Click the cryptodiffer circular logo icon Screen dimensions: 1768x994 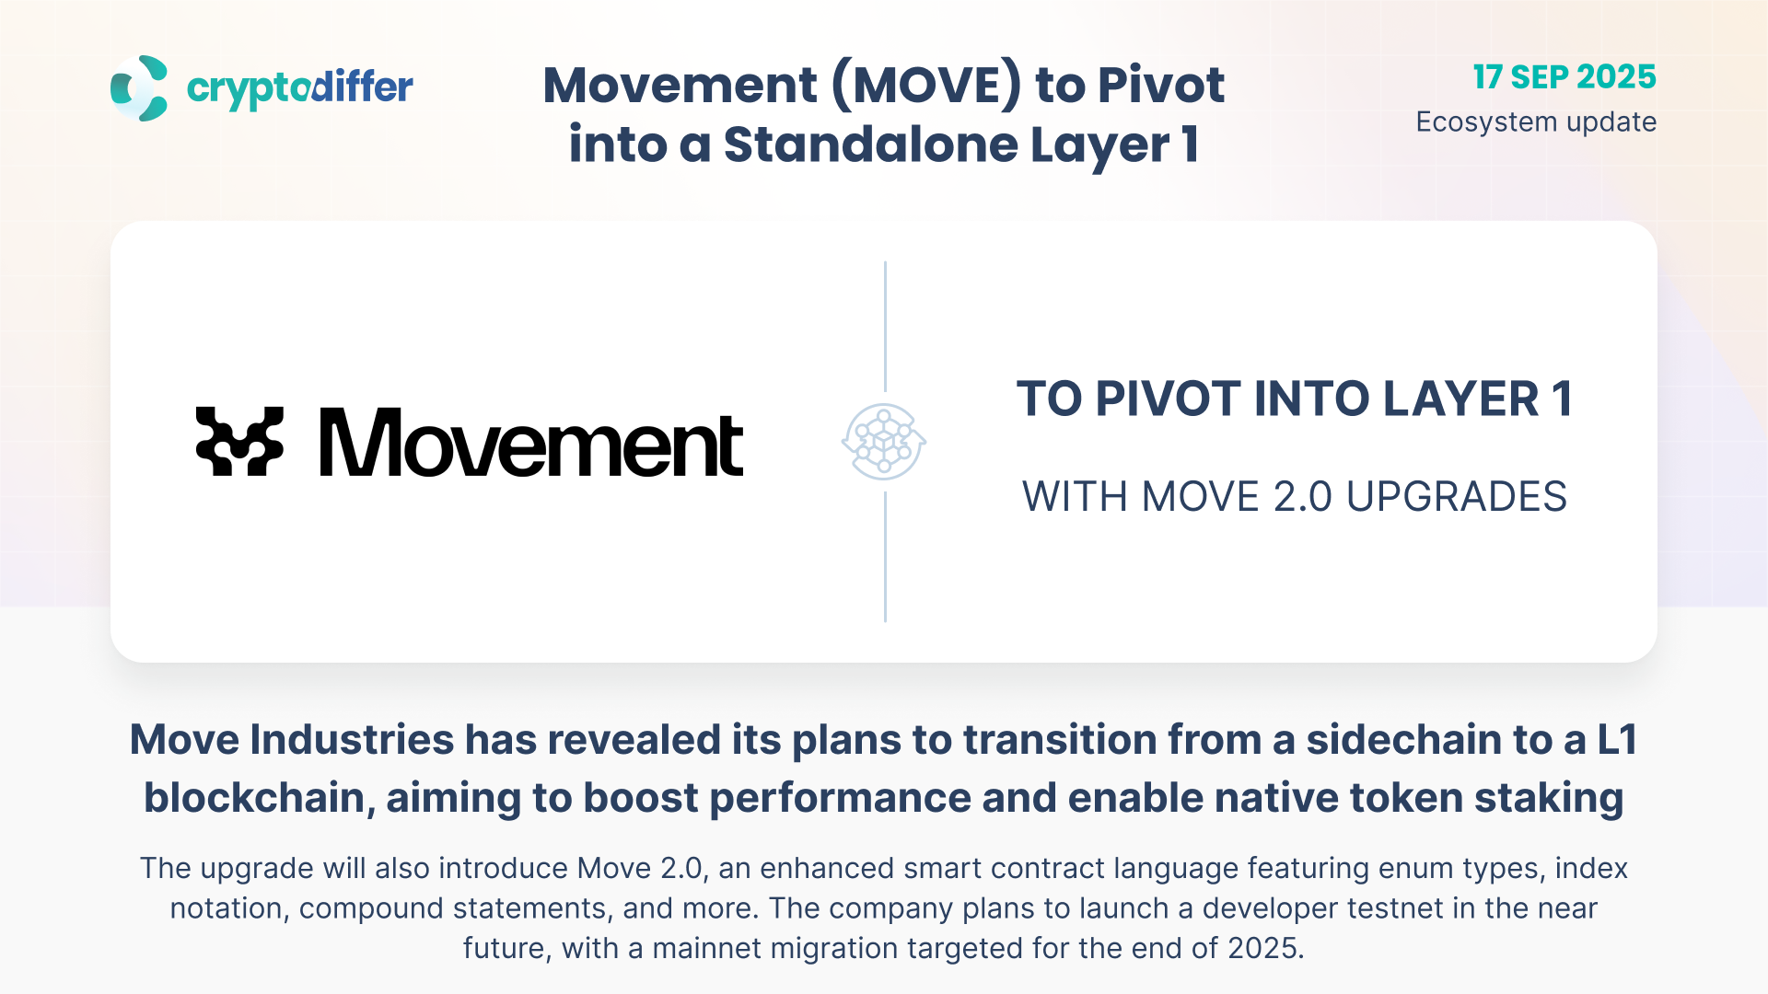point(139,88)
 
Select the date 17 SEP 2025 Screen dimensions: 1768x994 point(1564,76)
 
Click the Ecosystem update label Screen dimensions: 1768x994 point(1536,121)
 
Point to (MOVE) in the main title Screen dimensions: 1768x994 point(926,85)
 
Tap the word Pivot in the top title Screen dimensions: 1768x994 point(1161,85)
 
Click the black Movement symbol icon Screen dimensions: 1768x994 point(239,442)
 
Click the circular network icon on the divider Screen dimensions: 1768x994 point(884,442)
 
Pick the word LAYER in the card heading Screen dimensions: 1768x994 point(1460,399)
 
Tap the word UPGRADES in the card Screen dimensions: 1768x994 point(1457,497)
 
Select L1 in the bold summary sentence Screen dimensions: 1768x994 point(1617,740)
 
